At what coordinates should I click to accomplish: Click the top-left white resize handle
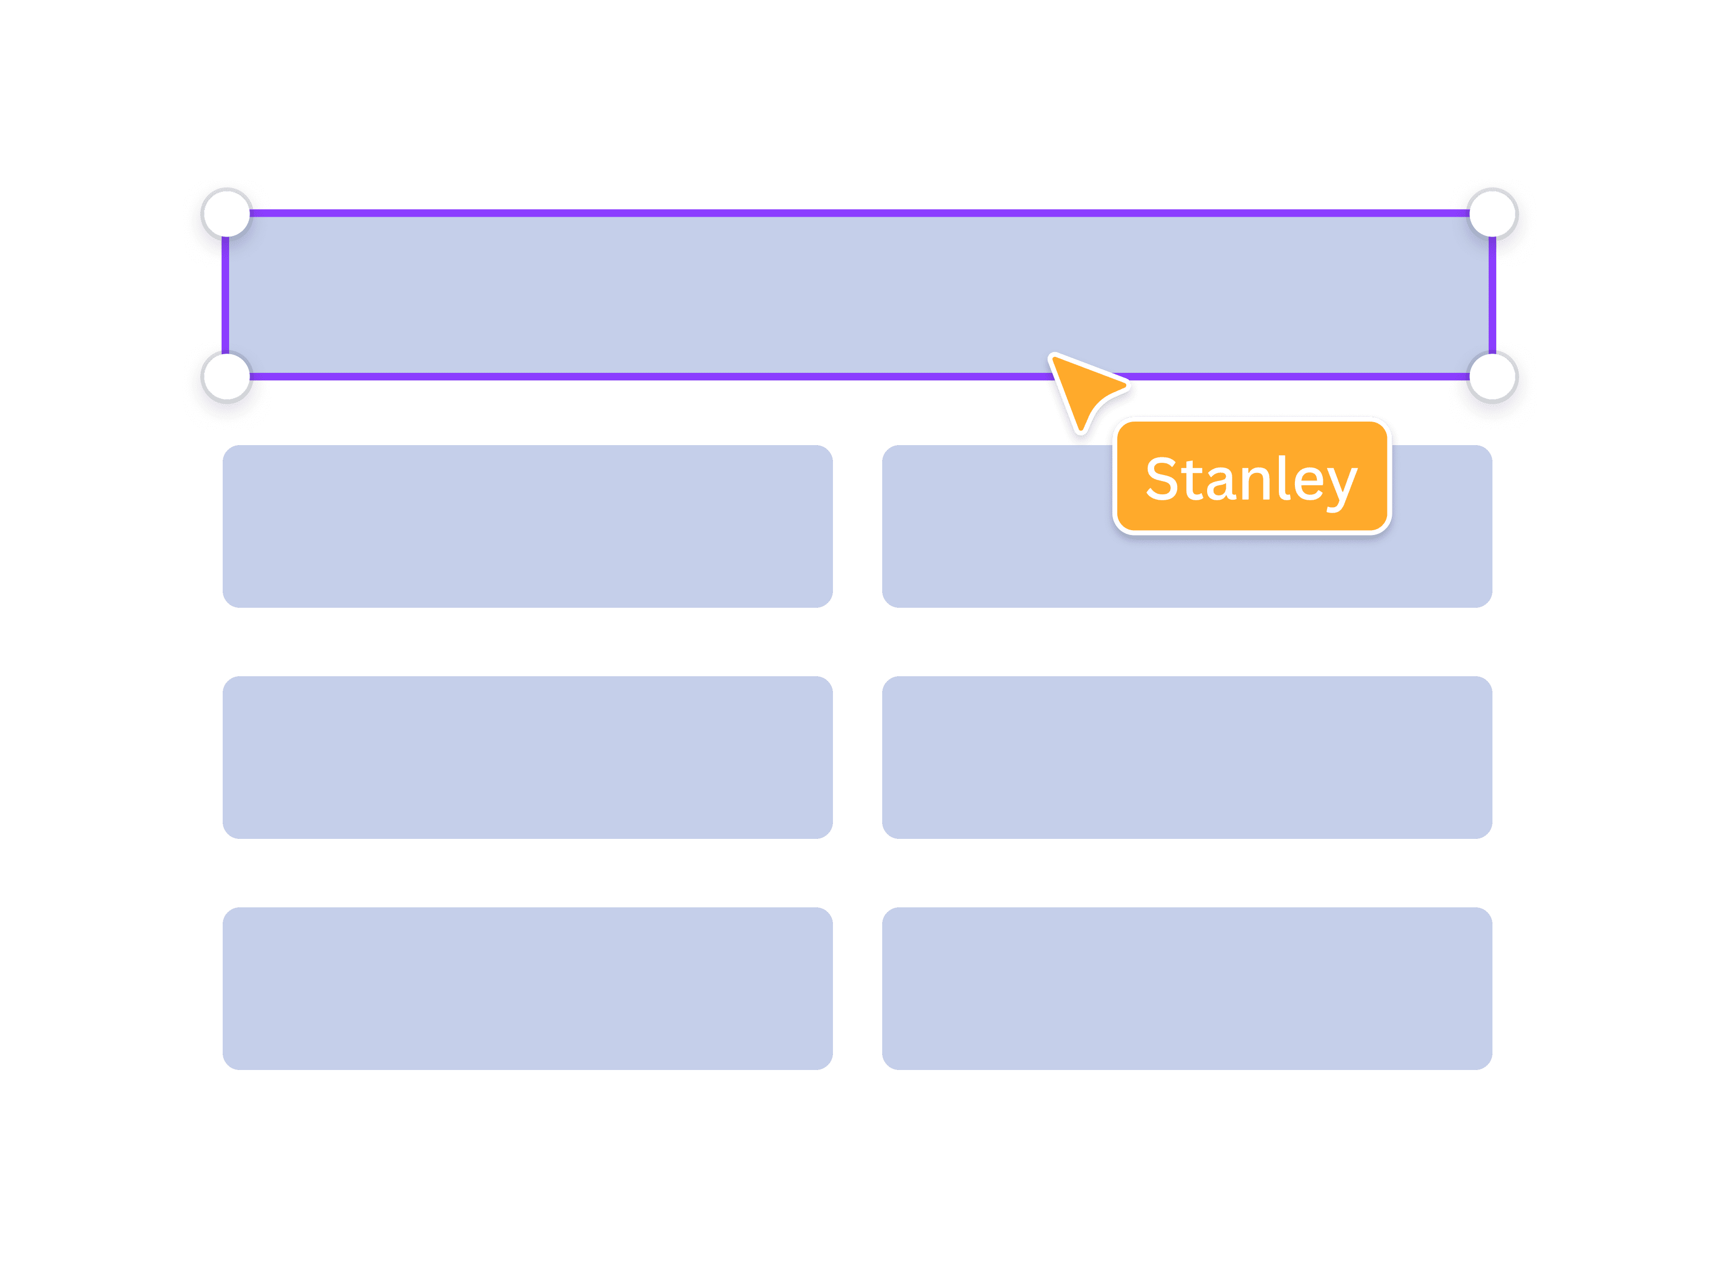227,213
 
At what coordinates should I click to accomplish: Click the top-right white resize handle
1492,213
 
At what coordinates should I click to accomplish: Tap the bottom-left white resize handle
227,377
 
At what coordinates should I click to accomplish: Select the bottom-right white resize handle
1492,377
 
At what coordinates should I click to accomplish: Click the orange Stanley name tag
1252,477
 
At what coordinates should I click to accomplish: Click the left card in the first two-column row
527,526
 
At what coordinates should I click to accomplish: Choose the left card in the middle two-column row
527,757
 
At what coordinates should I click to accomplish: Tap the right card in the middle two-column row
1186,757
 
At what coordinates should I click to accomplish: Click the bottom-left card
527,988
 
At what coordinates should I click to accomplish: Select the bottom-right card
1186,988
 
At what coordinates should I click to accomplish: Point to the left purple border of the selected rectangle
225,294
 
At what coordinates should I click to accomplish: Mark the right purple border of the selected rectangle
1491,294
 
